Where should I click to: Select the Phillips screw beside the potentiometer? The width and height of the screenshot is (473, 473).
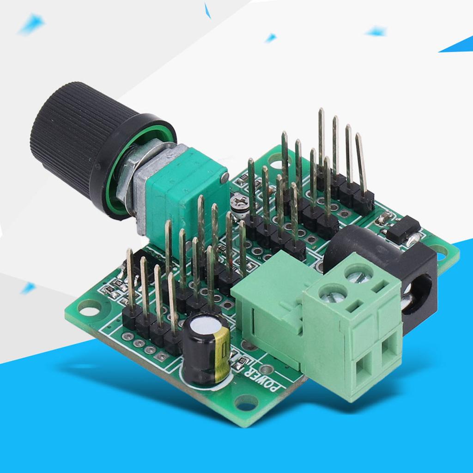[240, 201]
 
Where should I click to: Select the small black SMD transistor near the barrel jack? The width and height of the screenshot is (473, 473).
[403, 229]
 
